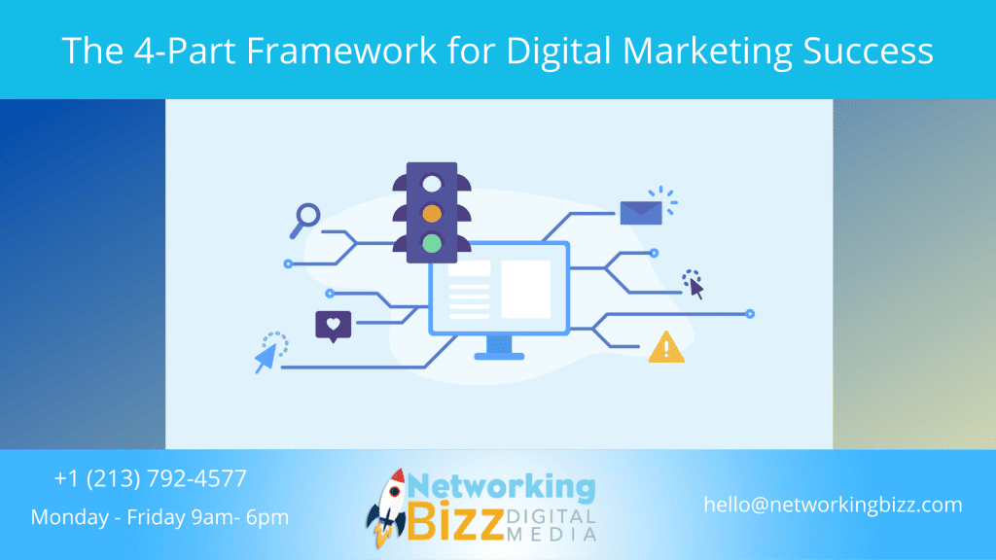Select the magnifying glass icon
[305, 219]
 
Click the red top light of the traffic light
[432, 182]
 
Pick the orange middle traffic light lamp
[432, 212]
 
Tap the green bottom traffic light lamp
[432, 242]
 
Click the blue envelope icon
[640, 213]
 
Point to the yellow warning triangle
[666, 347]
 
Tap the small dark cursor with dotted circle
[694, 284]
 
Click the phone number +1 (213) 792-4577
[151, 478]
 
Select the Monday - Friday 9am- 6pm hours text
[160, 517]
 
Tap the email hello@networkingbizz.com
[834, 505]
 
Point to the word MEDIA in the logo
[559, 534]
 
